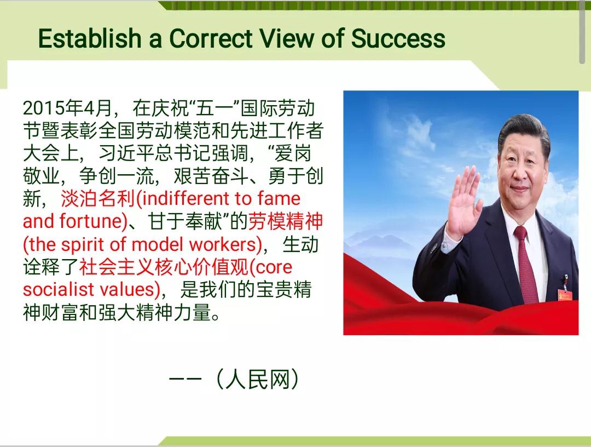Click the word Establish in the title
90,38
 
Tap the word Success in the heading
398,38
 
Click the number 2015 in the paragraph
43,108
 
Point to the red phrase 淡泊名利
97,198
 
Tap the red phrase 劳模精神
285,221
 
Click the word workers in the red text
223,244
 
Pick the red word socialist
59,289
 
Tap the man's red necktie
526,264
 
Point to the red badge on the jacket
563,295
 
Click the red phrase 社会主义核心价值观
164,267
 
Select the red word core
273,267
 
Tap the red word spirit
83,244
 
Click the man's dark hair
524,130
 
